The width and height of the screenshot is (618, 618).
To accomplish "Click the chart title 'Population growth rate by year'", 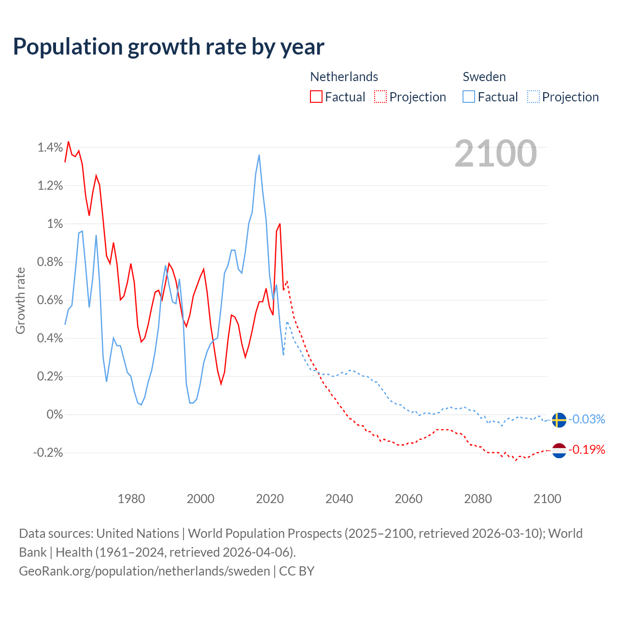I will pyautogui.click(x=169, y=47).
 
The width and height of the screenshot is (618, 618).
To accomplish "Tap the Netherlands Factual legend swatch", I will pyautogui.click(x=316, y=97).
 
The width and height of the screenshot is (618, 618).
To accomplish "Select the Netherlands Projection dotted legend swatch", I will pyautogui.click(x=380, y=97).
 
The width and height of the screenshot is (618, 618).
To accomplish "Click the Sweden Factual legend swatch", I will pyautogui.click(x=468, y=97).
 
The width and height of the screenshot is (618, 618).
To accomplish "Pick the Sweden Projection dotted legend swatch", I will pyautogui.click(x=533, y=97).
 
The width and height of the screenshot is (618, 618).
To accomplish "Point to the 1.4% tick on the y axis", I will pyautogui.click(x=50, y=147).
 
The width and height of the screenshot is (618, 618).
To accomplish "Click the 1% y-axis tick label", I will pyautogui.click(x=55, y=224).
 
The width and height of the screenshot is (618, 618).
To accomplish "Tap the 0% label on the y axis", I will pyautogui.click(x=55, y=414).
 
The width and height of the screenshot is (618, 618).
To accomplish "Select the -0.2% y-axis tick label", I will pyautogui.click(x=48, y=452).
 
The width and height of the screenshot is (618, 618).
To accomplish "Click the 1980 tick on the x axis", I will pyautogui.click(x=131, y=499).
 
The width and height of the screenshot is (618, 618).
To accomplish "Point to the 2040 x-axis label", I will pyautogui.click(x=339, y=499).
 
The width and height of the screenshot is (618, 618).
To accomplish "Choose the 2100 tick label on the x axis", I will pyautogui.click(x=547, y=499).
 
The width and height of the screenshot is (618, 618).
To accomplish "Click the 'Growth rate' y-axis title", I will pyautogui.click(x=20, y=300).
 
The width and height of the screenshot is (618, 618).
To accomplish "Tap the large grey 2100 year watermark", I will pyautogui.click(x=495, y=154).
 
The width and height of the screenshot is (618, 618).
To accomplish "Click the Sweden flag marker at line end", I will pyautogui.click(x=559, y=420).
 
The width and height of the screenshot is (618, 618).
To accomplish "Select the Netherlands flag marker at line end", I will pyautogui.click(x=559, y=450).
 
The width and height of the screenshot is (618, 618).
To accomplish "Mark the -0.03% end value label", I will pyautogui.click(x=587, y=419).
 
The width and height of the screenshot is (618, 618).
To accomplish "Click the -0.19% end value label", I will pyautogui.click(x=587, y=450).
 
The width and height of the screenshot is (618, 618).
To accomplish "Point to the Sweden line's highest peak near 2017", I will pyautogui.click(x=259, y=155).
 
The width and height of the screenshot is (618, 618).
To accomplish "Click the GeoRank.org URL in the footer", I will pyautogui.click(x=144, y=571).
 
